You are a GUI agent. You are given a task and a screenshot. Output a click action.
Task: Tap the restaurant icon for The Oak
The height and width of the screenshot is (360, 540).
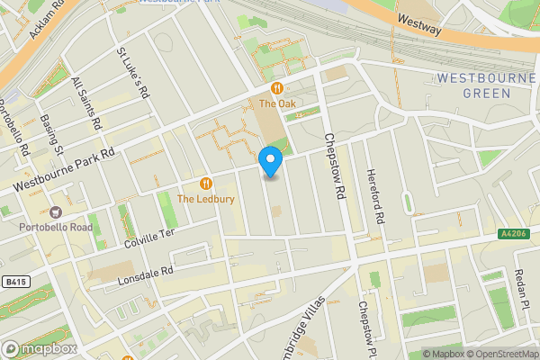point(277,88)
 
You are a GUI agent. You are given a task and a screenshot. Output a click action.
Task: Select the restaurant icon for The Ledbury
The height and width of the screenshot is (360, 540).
point(209,183)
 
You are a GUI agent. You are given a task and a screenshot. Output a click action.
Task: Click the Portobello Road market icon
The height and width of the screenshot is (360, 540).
point(56,212)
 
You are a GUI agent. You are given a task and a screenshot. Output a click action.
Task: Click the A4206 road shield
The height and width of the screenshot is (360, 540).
point(512,234)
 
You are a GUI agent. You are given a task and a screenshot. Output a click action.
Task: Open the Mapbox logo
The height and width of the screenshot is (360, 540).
point(39,348)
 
